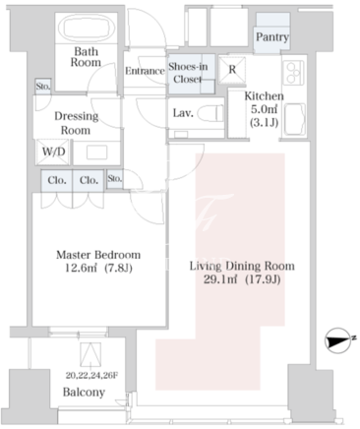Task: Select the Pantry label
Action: [x=272, y=36]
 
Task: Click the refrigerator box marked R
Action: [x=232, y=69]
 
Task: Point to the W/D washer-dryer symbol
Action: [x=53, y=152]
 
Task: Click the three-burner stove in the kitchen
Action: [x=294, y=73]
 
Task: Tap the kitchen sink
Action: [x=295, y=119]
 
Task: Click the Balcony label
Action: [x=84, y=392]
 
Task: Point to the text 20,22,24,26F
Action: [x=91, y=375]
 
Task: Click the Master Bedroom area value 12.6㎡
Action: [x=81, y=268]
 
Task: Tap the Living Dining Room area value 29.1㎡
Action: [x=220, y=279]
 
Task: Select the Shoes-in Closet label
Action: [x=188, y=73]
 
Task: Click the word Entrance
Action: [x=145, y=71]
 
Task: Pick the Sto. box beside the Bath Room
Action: [x=43, y=87]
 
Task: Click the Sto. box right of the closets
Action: [x=115, y=179]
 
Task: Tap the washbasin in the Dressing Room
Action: [x=96, y=153]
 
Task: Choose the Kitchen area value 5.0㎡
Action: [x=265, y=109]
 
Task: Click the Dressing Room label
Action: [x=76, y=123]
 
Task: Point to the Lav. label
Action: [x=183, y=113]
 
